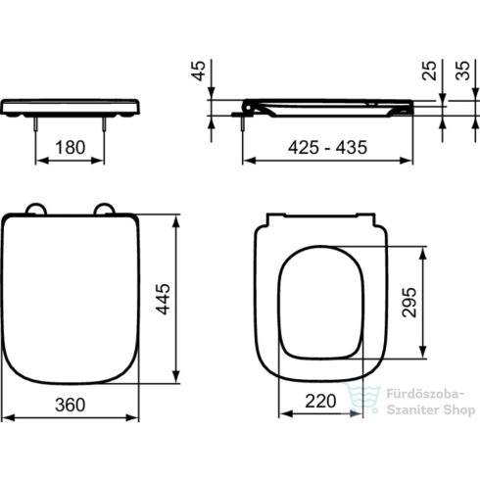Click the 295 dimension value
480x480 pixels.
[409, 304]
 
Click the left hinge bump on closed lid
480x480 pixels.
[36, 210]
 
